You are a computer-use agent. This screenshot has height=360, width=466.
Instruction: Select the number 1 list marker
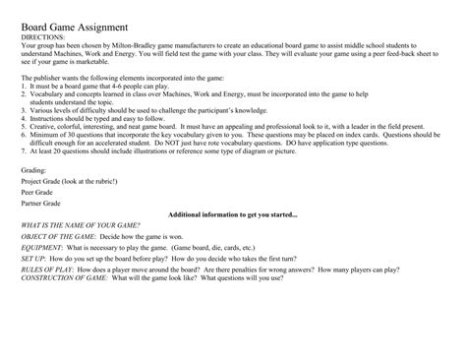pyautogui.click(x=23, y=86)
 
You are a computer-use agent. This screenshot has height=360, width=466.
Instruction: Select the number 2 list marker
pyautogui.click(x=23, y=93)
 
